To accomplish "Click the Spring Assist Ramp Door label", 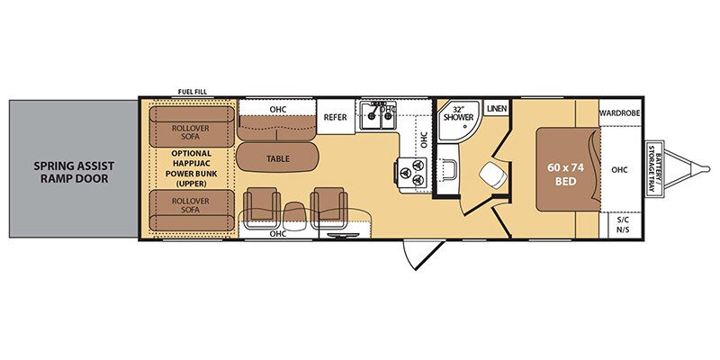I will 71,171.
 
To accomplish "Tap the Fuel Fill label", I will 193,92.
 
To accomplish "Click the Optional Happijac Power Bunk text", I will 191,168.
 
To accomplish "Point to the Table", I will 277,159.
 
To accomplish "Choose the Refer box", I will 335,117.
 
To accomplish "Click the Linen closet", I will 497,109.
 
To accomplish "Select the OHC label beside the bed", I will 618,169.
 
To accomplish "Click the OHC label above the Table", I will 277,110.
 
